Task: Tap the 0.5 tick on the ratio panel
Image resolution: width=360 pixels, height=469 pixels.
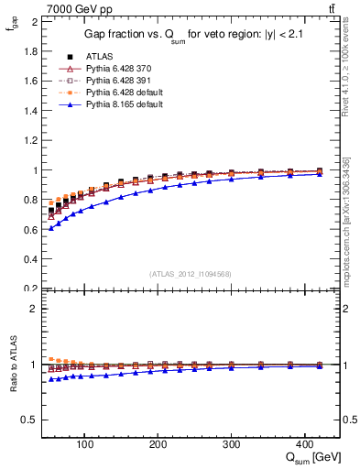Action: (31, 420)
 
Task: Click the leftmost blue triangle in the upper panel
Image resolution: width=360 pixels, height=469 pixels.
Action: (51, 227)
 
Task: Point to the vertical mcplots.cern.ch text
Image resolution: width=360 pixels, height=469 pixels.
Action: (352, 247)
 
